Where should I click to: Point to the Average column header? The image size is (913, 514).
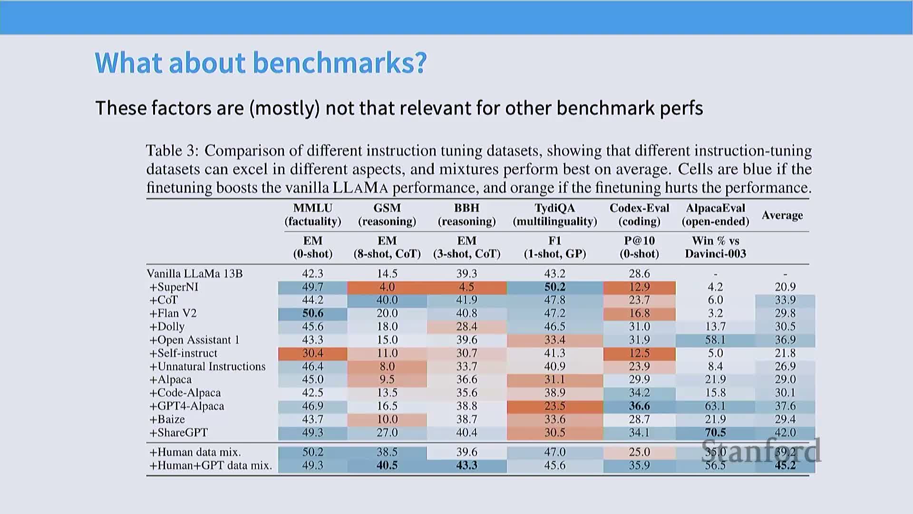click(782, 215)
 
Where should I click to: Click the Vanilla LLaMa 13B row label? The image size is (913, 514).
click(194, 274)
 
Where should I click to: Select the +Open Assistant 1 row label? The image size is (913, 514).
click(194, 340)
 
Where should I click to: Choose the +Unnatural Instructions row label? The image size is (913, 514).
click(207, 366)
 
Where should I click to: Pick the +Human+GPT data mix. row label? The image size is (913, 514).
click(211, 465)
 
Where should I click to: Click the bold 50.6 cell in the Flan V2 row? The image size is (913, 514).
click(312, 313)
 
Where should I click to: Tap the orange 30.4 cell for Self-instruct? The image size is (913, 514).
click(312, 353)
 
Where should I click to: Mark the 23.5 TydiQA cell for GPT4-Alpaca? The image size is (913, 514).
click(554, 406)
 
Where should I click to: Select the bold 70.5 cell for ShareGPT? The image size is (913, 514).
click(715, 433)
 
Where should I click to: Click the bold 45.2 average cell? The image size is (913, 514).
click(785, 465)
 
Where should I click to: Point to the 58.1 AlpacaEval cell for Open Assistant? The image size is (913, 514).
click(715, 340)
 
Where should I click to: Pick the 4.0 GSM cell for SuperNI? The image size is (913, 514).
click(387, 287)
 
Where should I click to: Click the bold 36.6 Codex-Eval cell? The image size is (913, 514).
click(639, 406)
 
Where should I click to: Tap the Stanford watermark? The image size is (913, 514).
click(761, 451)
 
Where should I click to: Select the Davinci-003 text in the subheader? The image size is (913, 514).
click(715, 254)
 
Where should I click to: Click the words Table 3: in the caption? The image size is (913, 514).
click(172, 150)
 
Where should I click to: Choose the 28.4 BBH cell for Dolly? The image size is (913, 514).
click(466, 326)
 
